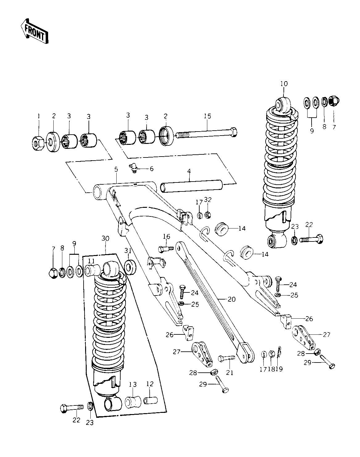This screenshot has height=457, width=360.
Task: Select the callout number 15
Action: [x=208, y=116]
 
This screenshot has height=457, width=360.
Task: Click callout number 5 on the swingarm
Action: [x=116, y=170]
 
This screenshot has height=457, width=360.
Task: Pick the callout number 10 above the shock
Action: [x=284, y=84]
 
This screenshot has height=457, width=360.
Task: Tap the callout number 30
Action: [x=105, y=238]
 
